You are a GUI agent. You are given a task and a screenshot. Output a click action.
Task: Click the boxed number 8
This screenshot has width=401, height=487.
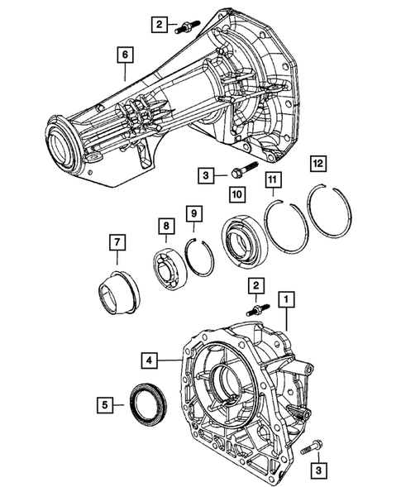165,225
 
